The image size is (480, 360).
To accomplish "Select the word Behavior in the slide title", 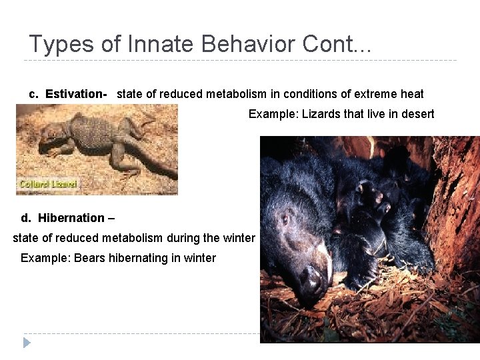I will (232, 44).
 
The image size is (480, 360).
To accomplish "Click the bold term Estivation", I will (75, 94).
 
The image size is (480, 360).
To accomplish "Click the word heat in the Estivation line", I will (411, 94).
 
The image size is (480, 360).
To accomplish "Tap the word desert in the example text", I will (417, 114).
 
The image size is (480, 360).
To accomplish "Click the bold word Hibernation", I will (71, 218).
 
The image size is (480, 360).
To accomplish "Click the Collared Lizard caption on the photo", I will (48, 184).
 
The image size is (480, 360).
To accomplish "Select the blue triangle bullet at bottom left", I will (27, 343).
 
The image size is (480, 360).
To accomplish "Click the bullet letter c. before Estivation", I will (34, 94).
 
